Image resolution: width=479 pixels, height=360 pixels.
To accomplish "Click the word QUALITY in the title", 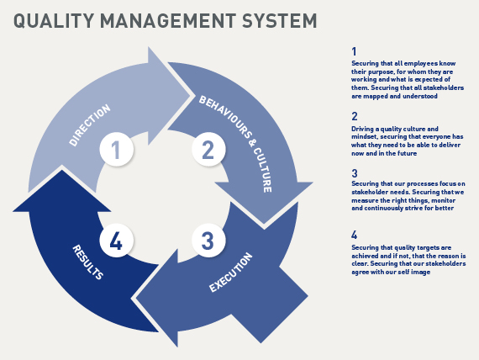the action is (x=54, y=21).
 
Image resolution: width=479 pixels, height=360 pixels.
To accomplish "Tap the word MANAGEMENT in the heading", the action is (x=168, y=21).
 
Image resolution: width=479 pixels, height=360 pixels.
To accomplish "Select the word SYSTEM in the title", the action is (x=280, y=21).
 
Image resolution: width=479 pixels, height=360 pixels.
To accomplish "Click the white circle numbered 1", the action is (x=117, y=150).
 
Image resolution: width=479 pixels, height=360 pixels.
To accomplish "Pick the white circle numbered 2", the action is (x=208, y=150).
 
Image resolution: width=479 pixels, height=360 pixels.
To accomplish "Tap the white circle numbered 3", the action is (x=208, y=241).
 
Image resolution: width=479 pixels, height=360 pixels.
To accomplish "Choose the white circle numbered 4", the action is (x=117, y=241).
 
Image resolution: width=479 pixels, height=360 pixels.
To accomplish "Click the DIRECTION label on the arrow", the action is (x=90, y=125).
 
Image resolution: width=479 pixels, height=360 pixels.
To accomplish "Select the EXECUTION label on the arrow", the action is (x=231, y=273).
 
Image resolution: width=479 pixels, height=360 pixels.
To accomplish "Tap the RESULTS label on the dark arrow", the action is (x=87, y=262).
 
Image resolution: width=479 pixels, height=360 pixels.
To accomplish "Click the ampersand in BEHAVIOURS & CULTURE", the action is (x=252, y=141).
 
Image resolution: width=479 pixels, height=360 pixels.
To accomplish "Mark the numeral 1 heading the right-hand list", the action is (x=354, y=51).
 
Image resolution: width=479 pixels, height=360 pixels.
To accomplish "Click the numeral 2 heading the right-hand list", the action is (x=355, y=116).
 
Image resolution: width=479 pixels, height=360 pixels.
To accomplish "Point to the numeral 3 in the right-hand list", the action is (x=355, y=173).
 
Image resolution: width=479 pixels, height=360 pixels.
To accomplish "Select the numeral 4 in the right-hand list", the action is (x=355, y=235).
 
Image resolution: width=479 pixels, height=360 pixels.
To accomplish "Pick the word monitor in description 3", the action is (x=443, y=200).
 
